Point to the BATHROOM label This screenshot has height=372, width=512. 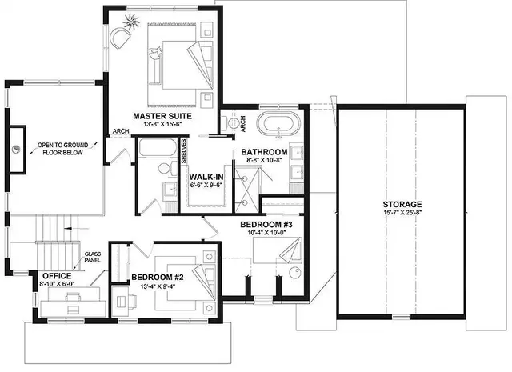(x=264, y=152)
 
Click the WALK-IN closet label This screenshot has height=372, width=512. (x=206, y=176)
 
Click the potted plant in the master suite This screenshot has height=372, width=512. (x=130, y=18)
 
